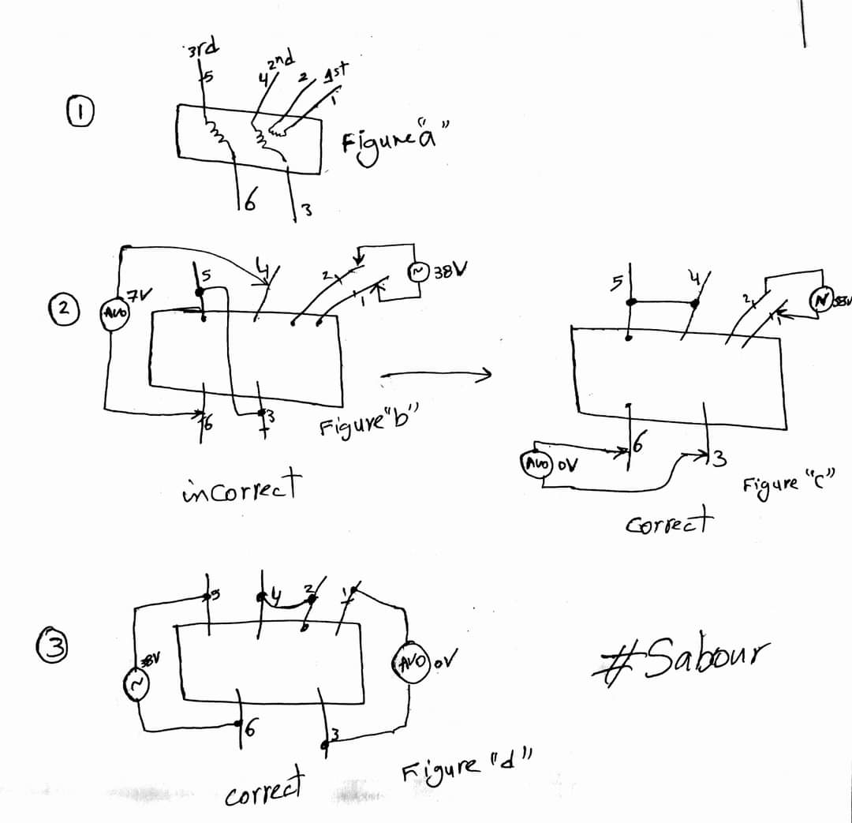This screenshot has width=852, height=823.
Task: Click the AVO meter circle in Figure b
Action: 113,312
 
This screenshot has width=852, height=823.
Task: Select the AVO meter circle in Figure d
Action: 410,661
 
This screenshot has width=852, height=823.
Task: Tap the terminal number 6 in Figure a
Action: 247,201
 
